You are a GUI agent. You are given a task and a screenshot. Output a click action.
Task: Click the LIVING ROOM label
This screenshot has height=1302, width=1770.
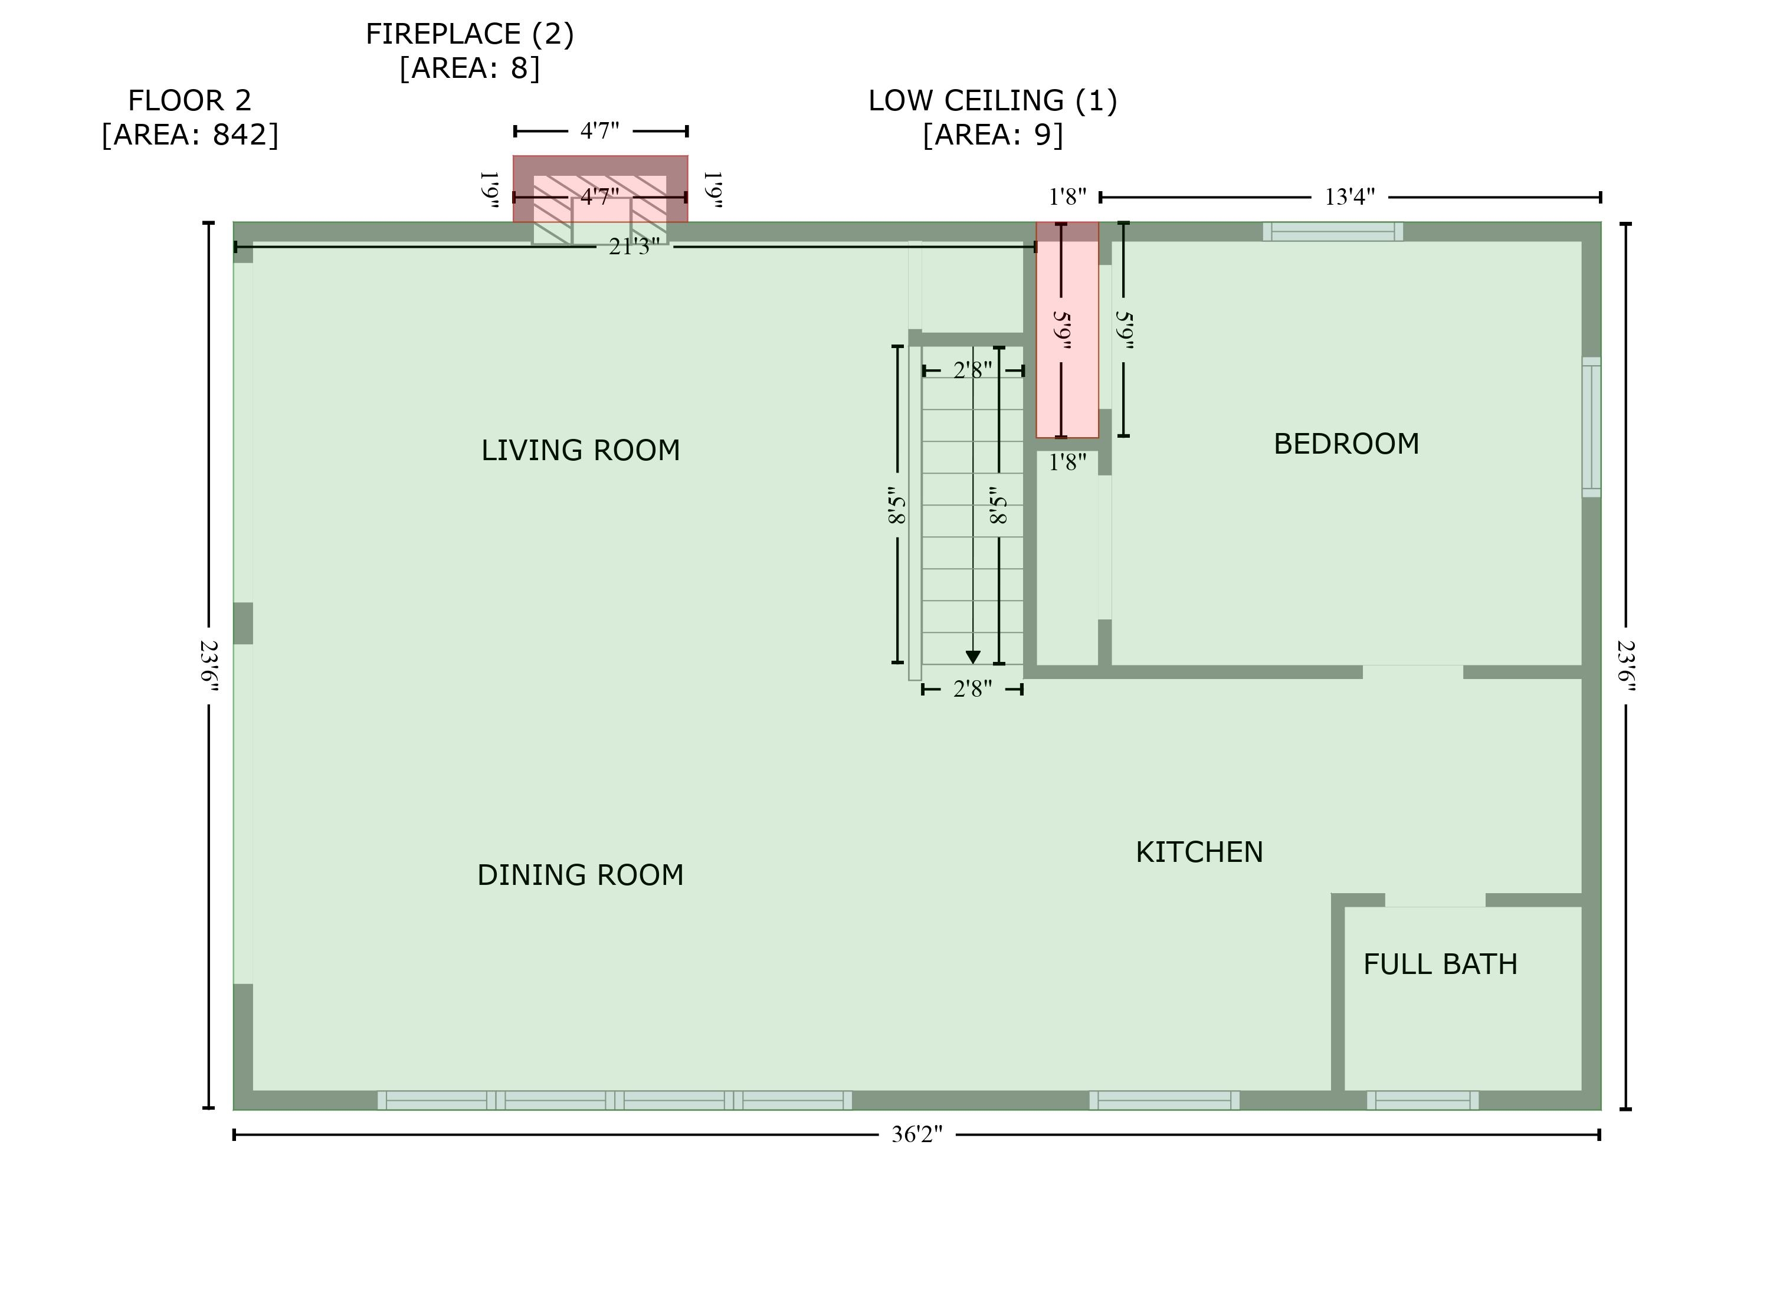coord(580,450)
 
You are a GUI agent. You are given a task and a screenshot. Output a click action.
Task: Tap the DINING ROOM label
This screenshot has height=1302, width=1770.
coord(580,875)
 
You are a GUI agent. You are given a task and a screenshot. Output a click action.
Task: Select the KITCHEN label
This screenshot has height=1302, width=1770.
coord(1199,852)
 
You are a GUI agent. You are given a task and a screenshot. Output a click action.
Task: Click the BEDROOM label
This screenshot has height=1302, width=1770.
coord(1345,444)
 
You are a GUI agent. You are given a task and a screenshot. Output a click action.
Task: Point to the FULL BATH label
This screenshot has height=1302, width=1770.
coord(1440,964)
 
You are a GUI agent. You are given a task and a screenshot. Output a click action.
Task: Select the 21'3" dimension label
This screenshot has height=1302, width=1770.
coord(634,247)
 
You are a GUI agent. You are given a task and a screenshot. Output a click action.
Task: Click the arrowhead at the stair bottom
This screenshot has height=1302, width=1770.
coord(972,657)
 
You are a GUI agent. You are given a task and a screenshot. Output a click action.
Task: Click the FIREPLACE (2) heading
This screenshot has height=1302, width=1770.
coord(470,34)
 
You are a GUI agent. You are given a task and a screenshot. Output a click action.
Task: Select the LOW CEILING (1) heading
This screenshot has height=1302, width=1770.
coord(992,100)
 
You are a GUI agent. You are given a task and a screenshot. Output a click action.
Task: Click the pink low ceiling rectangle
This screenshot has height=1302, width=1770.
coord(1067,331)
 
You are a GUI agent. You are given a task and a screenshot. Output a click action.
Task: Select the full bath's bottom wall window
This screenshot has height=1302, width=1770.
coord(1422,1100)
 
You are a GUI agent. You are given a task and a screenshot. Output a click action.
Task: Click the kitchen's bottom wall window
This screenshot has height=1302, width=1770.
coord(1163,1100)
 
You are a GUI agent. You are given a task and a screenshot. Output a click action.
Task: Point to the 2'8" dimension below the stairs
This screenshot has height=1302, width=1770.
coord(972,689)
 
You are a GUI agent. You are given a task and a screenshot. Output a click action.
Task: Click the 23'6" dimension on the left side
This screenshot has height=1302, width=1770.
coord(209,665)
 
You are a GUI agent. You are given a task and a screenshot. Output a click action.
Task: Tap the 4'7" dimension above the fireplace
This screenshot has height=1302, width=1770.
coord(599,131)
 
